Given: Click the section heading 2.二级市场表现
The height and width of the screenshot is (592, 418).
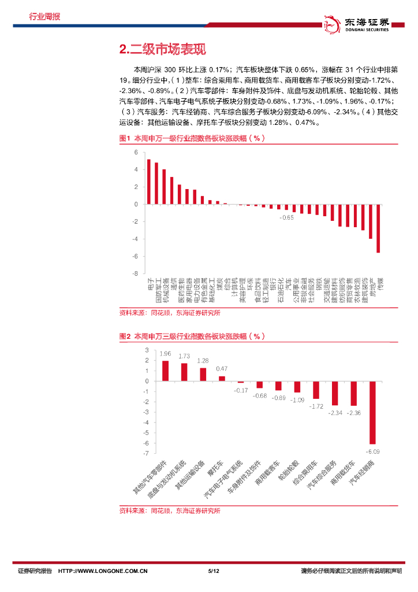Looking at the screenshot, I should [162, 50].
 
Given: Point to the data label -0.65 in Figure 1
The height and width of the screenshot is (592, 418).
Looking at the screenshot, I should [286, 218].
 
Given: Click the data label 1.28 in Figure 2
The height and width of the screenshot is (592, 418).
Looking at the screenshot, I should [203, 361].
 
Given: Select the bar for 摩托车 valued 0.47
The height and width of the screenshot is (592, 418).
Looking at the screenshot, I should [222, 379].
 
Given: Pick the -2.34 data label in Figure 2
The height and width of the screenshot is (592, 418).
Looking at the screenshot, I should [335, 413].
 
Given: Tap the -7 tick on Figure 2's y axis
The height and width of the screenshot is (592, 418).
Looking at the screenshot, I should [147, 443].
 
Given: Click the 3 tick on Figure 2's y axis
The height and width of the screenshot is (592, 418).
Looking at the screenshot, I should [147, 350].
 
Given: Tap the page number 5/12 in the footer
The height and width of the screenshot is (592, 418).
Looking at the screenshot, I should [214, 571].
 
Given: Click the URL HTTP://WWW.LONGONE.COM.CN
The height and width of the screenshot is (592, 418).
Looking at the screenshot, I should [104, 571].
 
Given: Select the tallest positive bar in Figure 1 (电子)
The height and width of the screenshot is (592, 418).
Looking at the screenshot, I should [148, 182].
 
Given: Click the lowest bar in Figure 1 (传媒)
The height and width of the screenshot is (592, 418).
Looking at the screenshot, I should [378, 228].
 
